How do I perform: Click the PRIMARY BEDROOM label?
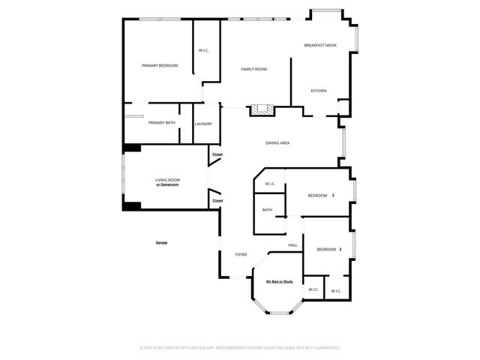[160, 66]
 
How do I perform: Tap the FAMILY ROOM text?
[253, 69]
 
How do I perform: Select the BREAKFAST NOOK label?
[320, 46]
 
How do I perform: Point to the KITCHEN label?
[319, 91]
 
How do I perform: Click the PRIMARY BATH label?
[161, 123]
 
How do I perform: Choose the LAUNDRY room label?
[203, 124]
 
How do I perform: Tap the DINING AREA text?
[277, 142]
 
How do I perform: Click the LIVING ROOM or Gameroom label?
[167, 182]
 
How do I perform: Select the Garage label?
[161, 242]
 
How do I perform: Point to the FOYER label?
[241, 254]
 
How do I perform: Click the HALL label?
[293, 245]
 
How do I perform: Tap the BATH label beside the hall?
[267, 210]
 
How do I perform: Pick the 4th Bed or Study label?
[279, 281]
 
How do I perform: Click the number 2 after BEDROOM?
[333, 196]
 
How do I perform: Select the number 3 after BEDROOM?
[340, 249]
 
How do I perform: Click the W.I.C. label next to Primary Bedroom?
[203, 50]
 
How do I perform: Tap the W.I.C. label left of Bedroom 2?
[270, 184]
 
